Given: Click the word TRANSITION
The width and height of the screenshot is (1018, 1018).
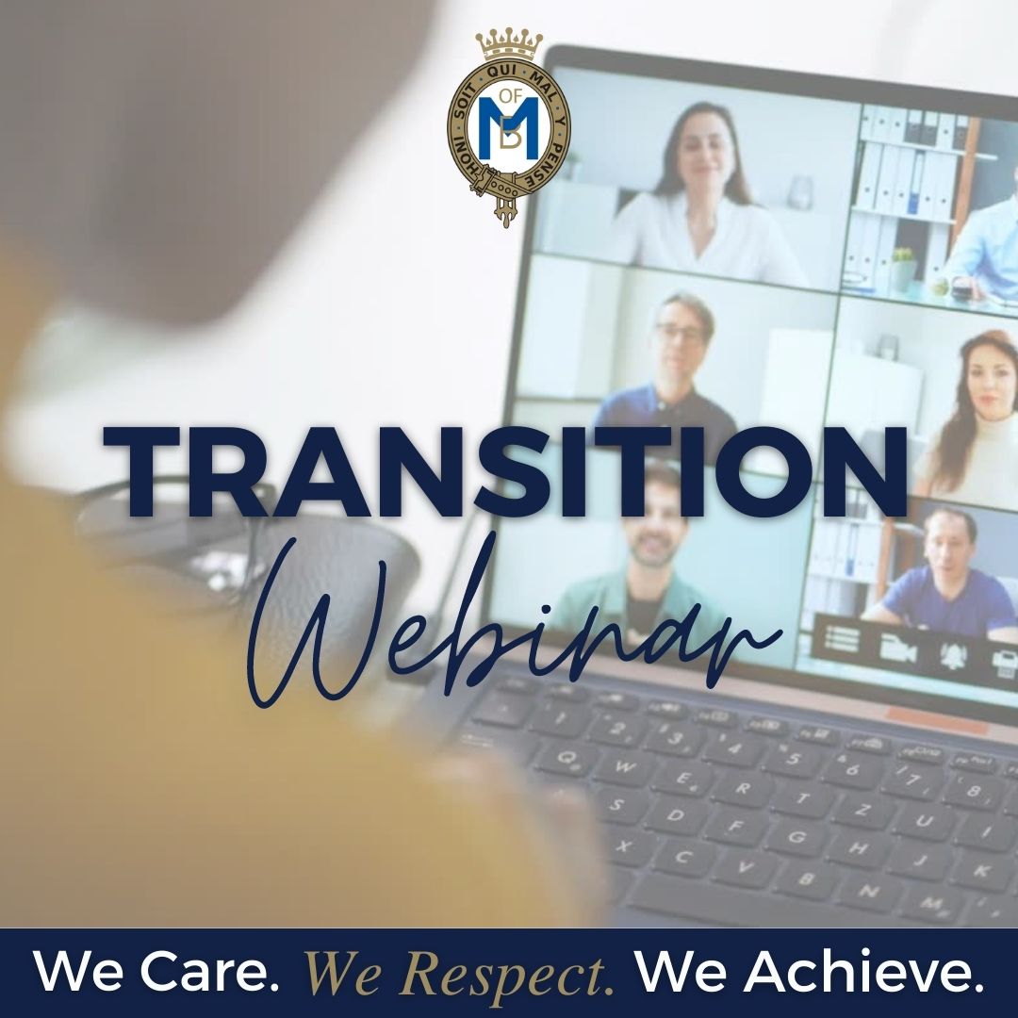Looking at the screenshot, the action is (x=504, y=472).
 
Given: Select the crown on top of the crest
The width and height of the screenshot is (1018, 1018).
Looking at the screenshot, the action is (x=509, y=44).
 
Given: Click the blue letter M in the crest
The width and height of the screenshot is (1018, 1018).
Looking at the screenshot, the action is (x=510, y=126).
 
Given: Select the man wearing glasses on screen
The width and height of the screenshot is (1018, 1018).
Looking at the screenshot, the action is (x=668, y=370).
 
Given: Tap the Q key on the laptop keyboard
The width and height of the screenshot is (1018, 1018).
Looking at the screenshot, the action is (x=566, y=757).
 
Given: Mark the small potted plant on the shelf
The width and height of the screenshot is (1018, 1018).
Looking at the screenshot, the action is (x=902, y=266).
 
